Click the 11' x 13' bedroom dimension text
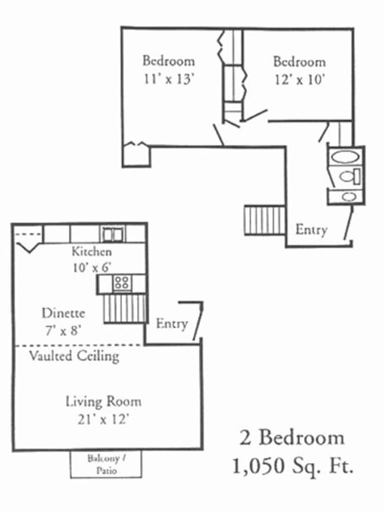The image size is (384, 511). click(x=169, y=79)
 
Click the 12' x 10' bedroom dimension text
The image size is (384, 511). click(x=299, y=79)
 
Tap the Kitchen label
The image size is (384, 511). click(x=92, y=252)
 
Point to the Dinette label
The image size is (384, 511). click(x=63, y=312)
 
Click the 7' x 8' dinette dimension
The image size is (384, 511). click(x=61, y=328)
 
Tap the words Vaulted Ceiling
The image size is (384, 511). click(x=74, y=356)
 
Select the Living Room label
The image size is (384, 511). click(x=103, y=402)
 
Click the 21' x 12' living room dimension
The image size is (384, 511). click(x=103, y=418)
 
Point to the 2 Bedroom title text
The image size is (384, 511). click(x=292, y=438)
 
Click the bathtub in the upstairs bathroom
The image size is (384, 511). click(x=345, y=158)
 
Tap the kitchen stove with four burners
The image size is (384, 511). click(x=121, y=283)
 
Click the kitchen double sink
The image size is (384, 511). click(x=112, y=234)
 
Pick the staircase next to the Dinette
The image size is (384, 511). click(x=125, y=309)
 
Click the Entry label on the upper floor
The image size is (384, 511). click(x=311, y=229)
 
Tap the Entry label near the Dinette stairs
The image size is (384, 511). click(x=171, y=324)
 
